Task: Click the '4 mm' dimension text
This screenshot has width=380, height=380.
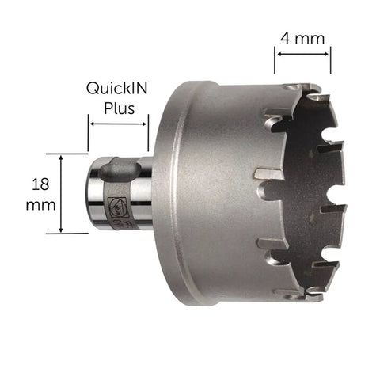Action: (x=302, y=39)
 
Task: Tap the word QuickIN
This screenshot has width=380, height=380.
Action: (x=116, y=89)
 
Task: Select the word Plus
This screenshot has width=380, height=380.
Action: (x=119, y=108)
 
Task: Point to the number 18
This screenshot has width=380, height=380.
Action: (x=40, y=184)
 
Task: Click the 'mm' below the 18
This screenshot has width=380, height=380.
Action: (x=40, y=206)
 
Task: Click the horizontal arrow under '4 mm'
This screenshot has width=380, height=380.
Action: (x=302, y=54)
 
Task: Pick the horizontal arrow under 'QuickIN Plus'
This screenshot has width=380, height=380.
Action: (x=118, y=124)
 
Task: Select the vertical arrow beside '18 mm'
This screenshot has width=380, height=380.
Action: (x=61, y=194)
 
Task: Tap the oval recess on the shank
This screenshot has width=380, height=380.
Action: (x=120, y=169)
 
